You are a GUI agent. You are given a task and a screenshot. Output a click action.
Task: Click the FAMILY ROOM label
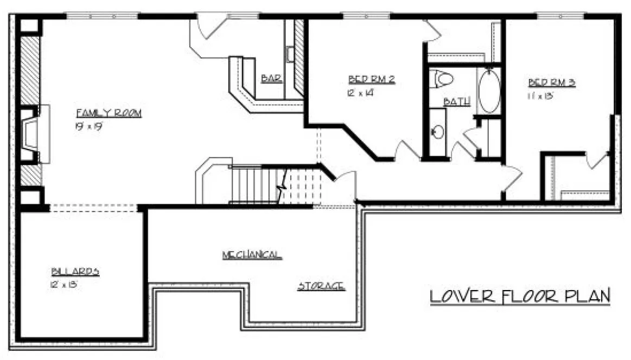tap(109, 113)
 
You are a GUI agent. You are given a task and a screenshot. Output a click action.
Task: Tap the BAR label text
tap(271, 79)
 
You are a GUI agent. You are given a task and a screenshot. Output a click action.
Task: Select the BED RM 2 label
tap(371, 80)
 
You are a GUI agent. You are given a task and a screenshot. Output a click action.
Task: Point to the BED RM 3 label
tap(552, 83)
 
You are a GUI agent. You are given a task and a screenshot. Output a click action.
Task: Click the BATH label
tap(456, 101)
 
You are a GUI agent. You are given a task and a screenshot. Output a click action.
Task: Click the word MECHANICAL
tap(252, 255)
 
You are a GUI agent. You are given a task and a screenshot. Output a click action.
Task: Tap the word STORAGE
tap(321, 286)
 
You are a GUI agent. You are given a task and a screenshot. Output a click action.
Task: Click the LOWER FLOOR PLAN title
tap(520, 297)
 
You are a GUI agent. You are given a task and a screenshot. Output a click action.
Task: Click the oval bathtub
tap(489, 91)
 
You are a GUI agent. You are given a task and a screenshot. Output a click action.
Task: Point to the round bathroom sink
tap(437, 131)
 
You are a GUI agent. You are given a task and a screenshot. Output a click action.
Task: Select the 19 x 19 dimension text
tap(89, 126)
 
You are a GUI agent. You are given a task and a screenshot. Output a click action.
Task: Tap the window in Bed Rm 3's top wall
tap(558, 16)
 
